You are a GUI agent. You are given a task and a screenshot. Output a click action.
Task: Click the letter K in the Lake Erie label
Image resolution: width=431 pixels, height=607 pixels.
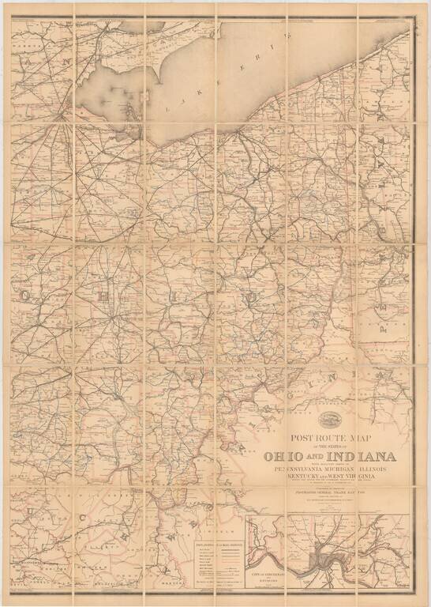pos(193,92)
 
